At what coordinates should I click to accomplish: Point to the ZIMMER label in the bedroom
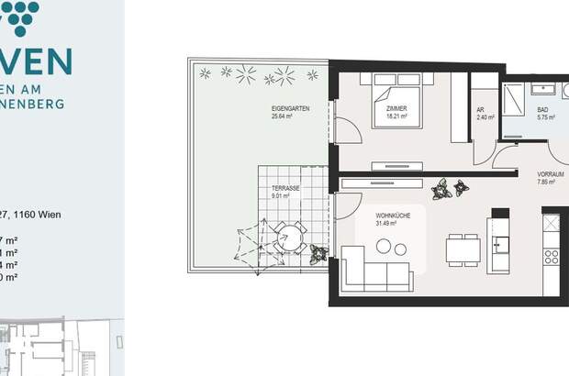[x=396, y=109]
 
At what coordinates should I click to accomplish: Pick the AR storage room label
[x=480, y=110]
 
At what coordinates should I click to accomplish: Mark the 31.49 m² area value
[x=386, y=222]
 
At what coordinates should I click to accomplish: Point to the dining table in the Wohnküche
[x=463, y=249]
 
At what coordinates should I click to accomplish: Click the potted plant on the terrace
[x=318, y=252]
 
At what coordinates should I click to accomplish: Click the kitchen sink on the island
[x=500, y=244]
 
